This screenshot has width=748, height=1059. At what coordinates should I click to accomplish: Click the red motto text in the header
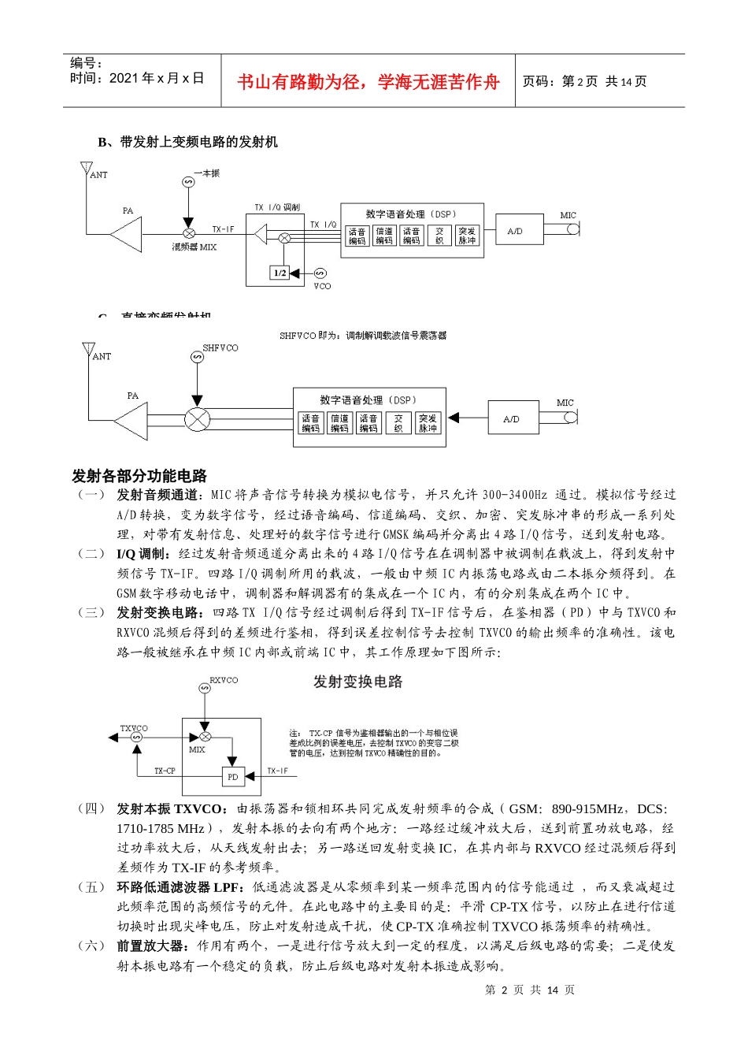(368, 82)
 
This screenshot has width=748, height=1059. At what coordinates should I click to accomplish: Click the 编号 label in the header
(86, 63)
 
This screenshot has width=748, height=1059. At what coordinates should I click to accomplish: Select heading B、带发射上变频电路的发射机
(187, 142)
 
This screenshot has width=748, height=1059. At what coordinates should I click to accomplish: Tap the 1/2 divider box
(280, 273)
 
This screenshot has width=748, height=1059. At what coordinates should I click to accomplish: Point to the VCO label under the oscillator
(322, 286)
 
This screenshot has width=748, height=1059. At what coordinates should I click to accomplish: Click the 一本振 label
(206, 173)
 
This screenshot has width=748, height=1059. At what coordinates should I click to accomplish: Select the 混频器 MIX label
(194, 247)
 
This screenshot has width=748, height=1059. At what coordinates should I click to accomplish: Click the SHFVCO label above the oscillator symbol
(220, 347)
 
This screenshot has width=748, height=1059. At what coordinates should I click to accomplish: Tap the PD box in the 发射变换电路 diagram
(233, 776)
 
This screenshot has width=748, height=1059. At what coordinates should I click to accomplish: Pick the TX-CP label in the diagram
(165, 771)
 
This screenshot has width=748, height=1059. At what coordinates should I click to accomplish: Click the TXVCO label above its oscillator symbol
(134, 728)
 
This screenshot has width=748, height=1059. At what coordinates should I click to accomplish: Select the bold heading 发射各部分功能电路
(139, 476)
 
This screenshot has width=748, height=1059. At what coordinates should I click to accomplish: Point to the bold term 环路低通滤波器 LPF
(180, 887)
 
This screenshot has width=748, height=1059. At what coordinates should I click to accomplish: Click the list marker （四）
(91, 808)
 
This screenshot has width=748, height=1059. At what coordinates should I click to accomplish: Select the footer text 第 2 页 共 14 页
(530, 990)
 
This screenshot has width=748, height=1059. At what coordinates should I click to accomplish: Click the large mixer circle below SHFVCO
(197, 419)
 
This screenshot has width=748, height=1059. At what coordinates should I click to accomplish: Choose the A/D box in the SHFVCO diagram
(511, 419)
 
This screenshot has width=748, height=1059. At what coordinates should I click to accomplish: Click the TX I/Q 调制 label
(276, 207)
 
